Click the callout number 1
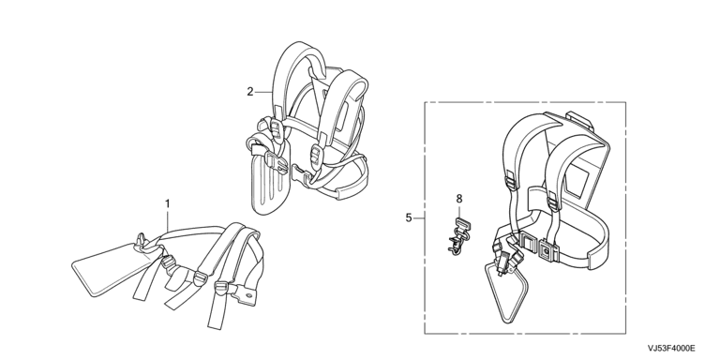pos(168,202)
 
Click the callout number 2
pos(249,92)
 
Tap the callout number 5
pos(409,217)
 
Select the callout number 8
pos(459,199)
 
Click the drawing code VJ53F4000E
pos(671,348)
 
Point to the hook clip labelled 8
pos(458,236)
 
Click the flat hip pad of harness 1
pos(111,270)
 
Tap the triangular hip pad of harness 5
pos(505,292)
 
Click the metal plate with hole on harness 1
pos(246,293)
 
